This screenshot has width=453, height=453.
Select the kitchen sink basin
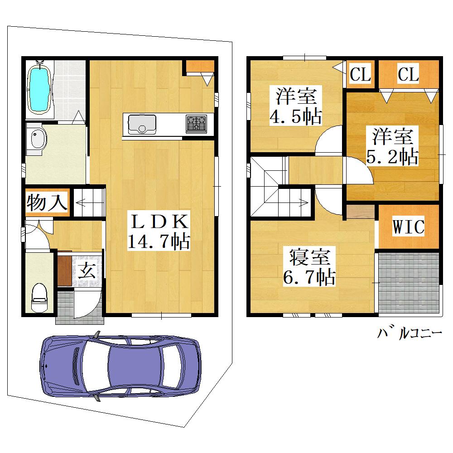[142, 124]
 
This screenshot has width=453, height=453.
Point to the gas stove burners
[197, 124]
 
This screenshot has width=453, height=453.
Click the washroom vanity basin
[37, 139]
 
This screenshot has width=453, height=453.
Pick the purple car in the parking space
[120, 366]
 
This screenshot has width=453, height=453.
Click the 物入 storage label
[47, 202]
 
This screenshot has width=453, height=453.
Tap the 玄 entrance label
[87, 270]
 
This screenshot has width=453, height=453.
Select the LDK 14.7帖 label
[159, 231]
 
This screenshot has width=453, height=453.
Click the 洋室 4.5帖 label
[296, 106]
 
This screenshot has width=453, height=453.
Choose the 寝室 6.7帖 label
[309, 266]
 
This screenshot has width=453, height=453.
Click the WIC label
[408, 226]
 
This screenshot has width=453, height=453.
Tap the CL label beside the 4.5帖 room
[360, 74]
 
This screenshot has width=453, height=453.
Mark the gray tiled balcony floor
[409, 283]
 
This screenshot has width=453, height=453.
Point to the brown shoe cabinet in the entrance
[64, 271]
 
